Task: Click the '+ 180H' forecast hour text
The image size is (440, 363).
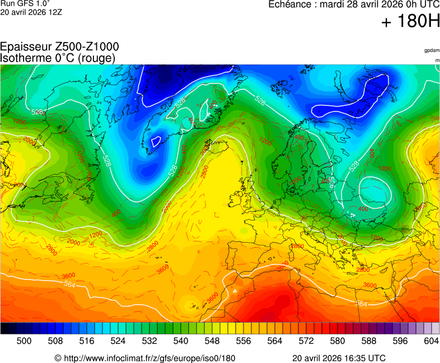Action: (x=410, y=21)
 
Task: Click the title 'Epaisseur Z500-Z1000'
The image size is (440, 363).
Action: (x=59, y=47)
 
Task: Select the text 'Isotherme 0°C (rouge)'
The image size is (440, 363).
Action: (x=58, y=58)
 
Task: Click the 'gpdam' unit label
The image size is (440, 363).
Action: (x=432, y=50)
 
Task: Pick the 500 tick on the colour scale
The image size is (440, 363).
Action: (x=24, y=341)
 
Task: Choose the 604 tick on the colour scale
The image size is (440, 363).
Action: (x=431, y=341)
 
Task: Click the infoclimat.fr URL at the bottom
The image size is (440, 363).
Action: (x=144, y=358)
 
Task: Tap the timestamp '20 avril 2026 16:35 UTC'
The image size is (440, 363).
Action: (x=339, y=358)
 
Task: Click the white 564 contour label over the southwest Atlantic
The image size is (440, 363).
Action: (x=70, y=285)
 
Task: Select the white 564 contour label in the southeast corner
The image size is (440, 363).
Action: (x=362, y=304)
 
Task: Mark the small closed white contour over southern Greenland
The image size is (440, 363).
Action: (x=156, y=141)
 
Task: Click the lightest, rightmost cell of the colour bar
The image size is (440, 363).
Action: (x=436, y=328)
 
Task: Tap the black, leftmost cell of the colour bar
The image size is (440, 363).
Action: (x=4, y=328)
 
